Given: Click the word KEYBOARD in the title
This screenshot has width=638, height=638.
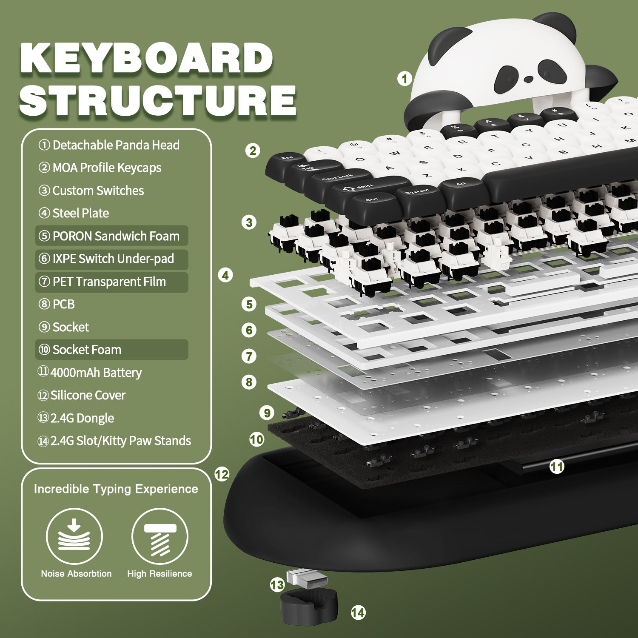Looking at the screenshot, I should (x=147, y=58).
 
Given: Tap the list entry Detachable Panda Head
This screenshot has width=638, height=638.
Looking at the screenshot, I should (x=109, y=145).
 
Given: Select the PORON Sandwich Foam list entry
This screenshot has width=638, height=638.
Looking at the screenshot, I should (x=111, y=236).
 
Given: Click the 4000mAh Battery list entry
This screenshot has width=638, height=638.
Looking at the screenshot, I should (x=90, y=373).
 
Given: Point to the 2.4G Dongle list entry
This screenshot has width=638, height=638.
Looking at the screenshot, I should (x=76, y=418).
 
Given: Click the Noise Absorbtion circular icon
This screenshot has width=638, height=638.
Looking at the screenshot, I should (x=74, y=536).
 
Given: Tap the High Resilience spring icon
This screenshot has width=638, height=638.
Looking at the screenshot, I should (x=160, y=536).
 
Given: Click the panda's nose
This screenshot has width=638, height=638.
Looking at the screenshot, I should (x=528, y=79).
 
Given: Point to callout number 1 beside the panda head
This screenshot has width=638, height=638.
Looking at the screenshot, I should (x=404, y=79).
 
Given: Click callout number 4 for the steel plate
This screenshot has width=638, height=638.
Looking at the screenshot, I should (x=225, y=275).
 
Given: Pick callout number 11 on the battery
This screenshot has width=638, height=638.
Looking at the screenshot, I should (x=557, y=467).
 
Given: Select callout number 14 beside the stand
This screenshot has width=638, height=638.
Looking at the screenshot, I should (x=358, y=612).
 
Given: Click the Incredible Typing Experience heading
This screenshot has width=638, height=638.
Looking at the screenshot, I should (x=116, y=489).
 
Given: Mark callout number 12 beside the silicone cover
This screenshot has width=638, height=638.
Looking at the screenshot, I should (x=222, y=474).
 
